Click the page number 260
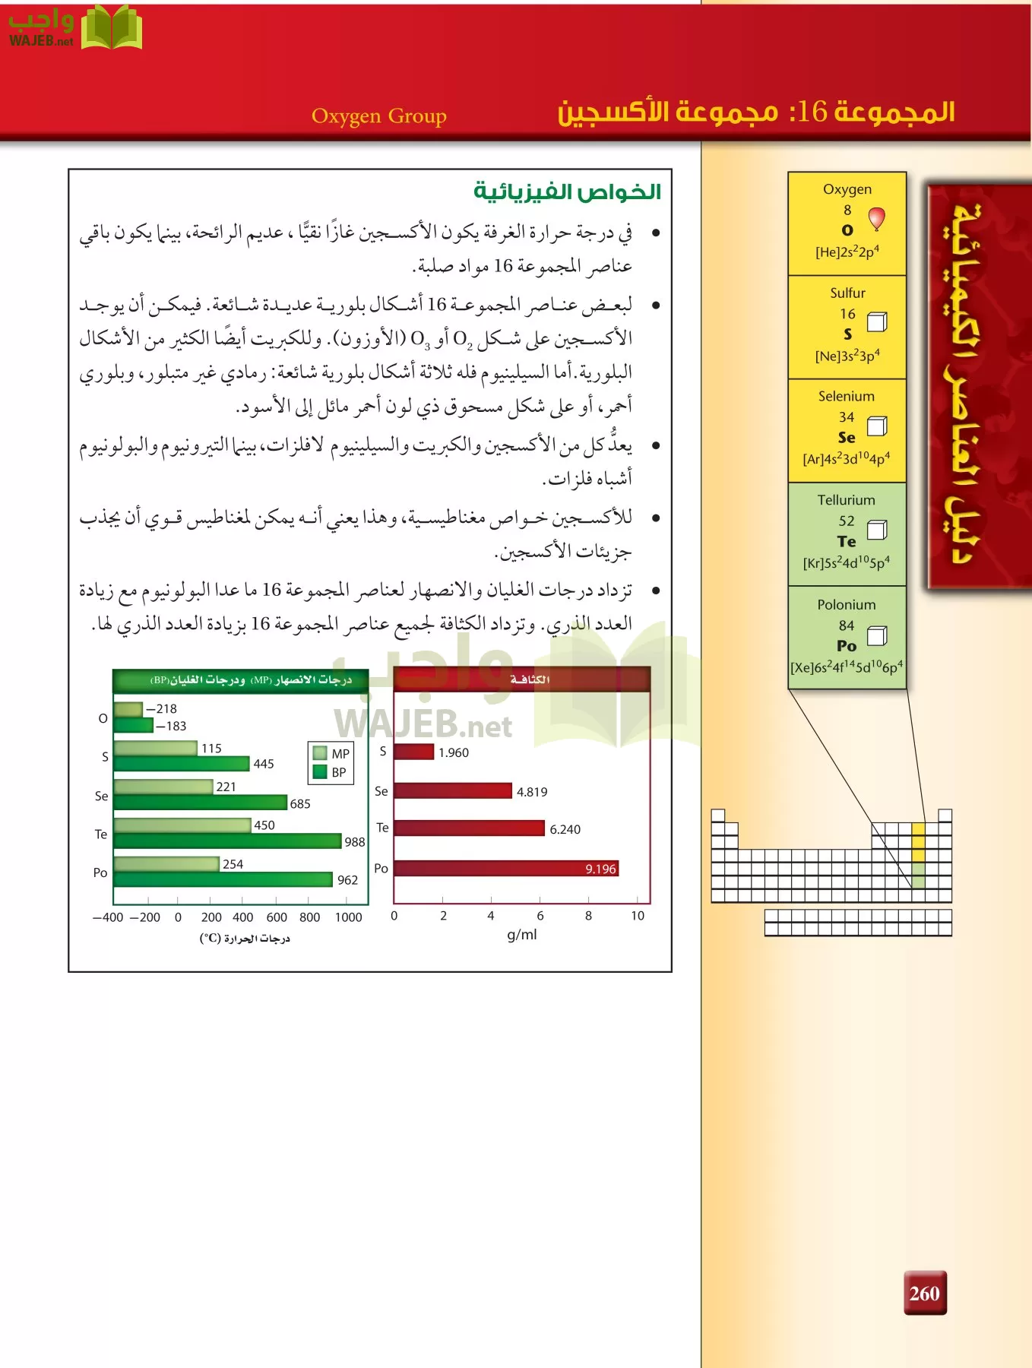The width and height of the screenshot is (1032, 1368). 924,1293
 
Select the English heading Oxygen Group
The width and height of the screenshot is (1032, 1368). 378,116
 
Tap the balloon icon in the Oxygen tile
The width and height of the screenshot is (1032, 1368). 876,219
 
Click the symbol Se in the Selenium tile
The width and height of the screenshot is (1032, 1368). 847,438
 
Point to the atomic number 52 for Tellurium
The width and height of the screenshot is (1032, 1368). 847,521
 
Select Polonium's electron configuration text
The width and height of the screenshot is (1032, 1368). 847,667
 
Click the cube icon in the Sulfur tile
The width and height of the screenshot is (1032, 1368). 877,322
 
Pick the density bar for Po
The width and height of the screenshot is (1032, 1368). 505,868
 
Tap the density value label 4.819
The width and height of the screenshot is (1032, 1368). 531,792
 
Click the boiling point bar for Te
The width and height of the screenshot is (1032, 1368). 227,841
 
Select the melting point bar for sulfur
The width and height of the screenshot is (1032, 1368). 155,748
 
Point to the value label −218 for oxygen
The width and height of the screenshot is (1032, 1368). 162,708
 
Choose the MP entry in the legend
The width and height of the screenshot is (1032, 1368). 331,753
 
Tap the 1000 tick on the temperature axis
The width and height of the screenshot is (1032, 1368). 348,917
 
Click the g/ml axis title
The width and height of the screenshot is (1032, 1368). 521,935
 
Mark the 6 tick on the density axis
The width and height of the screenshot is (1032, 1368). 540,916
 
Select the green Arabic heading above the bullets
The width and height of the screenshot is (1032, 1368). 567,191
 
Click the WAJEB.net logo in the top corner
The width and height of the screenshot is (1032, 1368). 74,28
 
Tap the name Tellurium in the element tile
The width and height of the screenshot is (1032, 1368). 846,500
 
